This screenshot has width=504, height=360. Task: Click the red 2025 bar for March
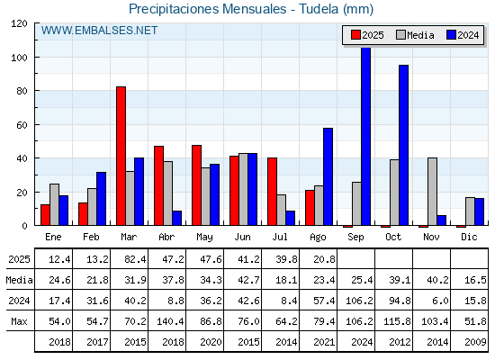121,156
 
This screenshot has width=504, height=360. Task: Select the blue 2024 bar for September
365,136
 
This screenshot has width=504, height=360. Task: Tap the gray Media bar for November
432,192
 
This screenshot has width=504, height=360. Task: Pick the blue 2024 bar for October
404,145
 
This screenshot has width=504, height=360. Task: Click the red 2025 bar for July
272,192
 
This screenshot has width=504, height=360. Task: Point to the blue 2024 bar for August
328,176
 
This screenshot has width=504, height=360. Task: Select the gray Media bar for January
54,205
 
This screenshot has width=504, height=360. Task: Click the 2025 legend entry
367,35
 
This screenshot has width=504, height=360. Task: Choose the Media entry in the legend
415,35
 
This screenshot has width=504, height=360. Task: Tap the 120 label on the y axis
19,23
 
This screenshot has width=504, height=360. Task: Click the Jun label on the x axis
242,237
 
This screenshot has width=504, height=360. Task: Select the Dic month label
469,237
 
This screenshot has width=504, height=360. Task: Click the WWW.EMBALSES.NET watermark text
99,31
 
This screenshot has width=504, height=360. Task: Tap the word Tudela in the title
319,9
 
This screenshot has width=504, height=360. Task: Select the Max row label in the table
19,321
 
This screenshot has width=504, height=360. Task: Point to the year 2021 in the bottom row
324,342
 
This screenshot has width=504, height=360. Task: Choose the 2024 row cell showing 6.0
440,301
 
